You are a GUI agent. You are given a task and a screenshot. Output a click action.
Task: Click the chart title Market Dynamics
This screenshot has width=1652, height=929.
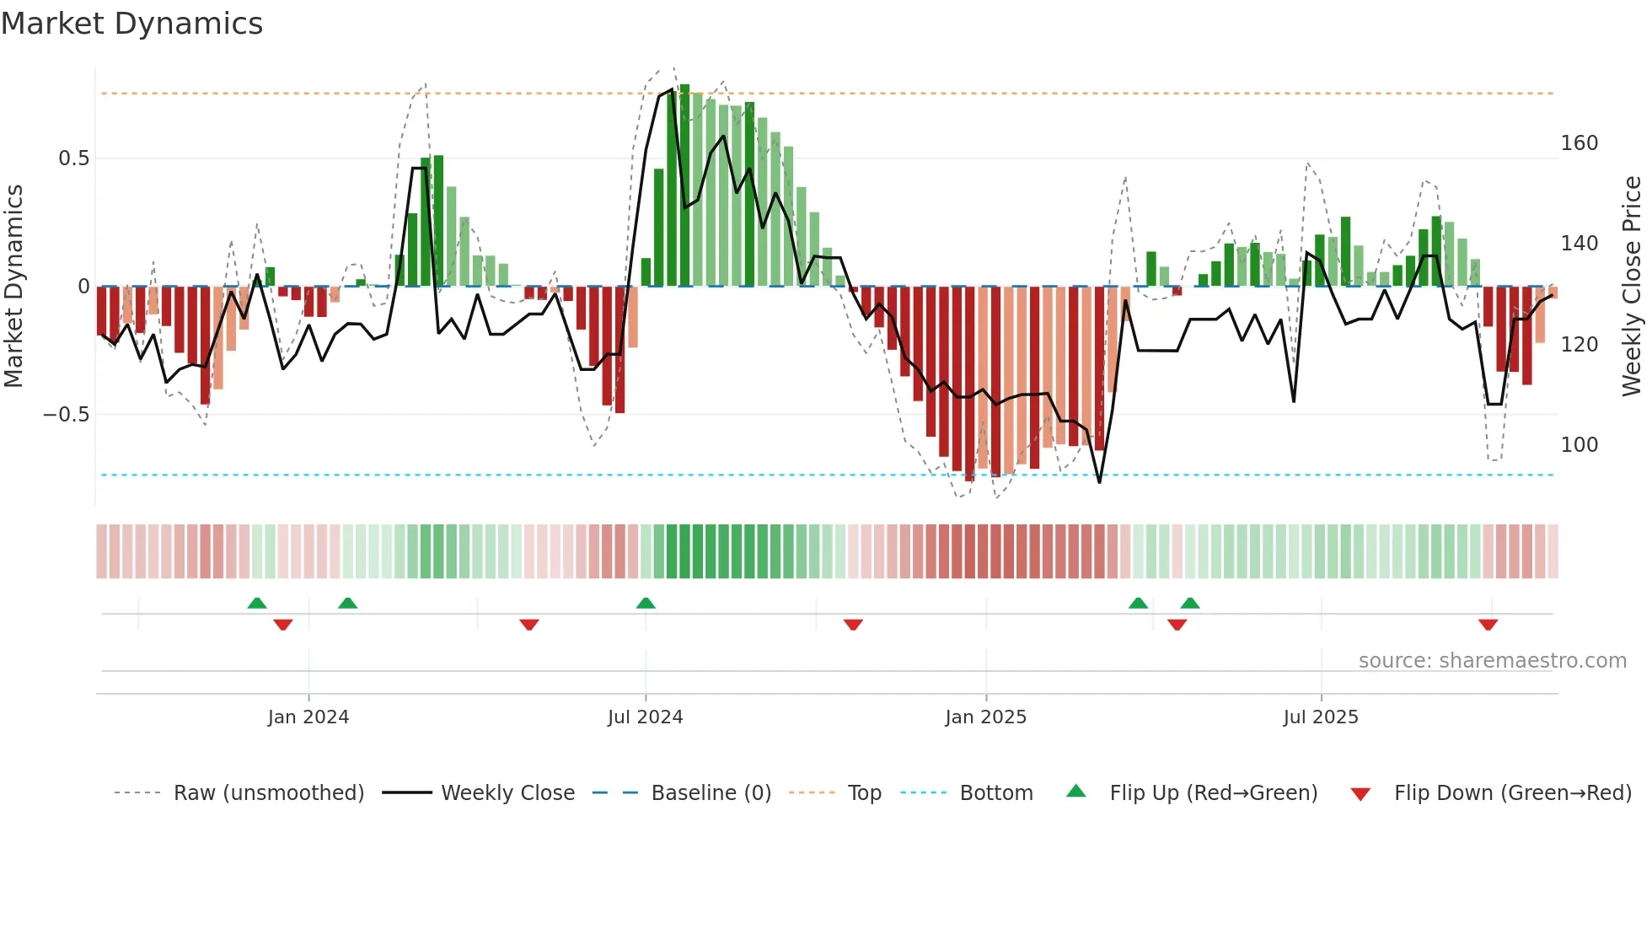131,24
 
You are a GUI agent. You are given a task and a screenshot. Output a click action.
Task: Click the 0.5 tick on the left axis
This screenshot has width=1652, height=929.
73,158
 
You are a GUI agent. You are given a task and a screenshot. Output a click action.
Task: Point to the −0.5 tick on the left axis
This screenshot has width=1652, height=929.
67,415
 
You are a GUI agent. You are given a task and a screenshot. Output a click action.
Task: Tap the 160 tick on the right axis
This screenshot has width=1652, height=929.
1579,143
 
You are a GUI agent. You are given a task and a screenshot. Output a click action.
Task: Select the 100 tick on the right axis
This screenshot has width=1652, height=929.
1579,445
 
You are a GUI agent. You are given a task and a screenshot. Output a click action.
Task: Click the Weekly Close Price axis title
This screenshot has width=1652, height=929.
1632,287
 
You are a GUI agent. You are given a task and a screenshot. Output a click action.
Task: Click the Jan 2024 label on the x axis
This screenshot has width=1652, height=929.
308,717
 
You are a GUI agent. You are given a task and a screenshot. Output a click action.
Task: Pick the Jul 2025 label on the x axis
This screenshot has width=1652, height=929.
1320,717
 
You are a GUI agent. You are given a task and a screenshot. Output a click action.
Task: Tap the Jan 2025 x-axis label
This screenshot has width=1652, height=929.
985,717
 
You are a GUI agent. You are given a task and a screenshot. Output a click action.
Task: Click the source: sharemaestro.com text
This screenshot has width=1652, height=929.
1492,661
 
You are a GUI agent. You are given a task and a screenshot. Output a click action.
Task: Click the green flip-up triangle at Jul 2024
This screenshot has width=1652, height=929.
646,604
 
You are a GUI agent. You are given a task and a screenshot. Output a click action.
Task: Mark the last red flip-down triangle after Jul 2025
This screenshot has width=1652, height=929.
1488,625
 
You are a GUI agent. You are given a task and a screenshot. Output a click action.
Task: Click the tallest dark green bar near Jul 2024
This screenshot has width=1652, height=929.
684,185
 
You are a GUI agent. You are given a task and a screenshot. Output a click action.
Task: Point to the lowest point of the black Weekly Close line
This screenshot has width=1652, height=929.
1099,482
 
